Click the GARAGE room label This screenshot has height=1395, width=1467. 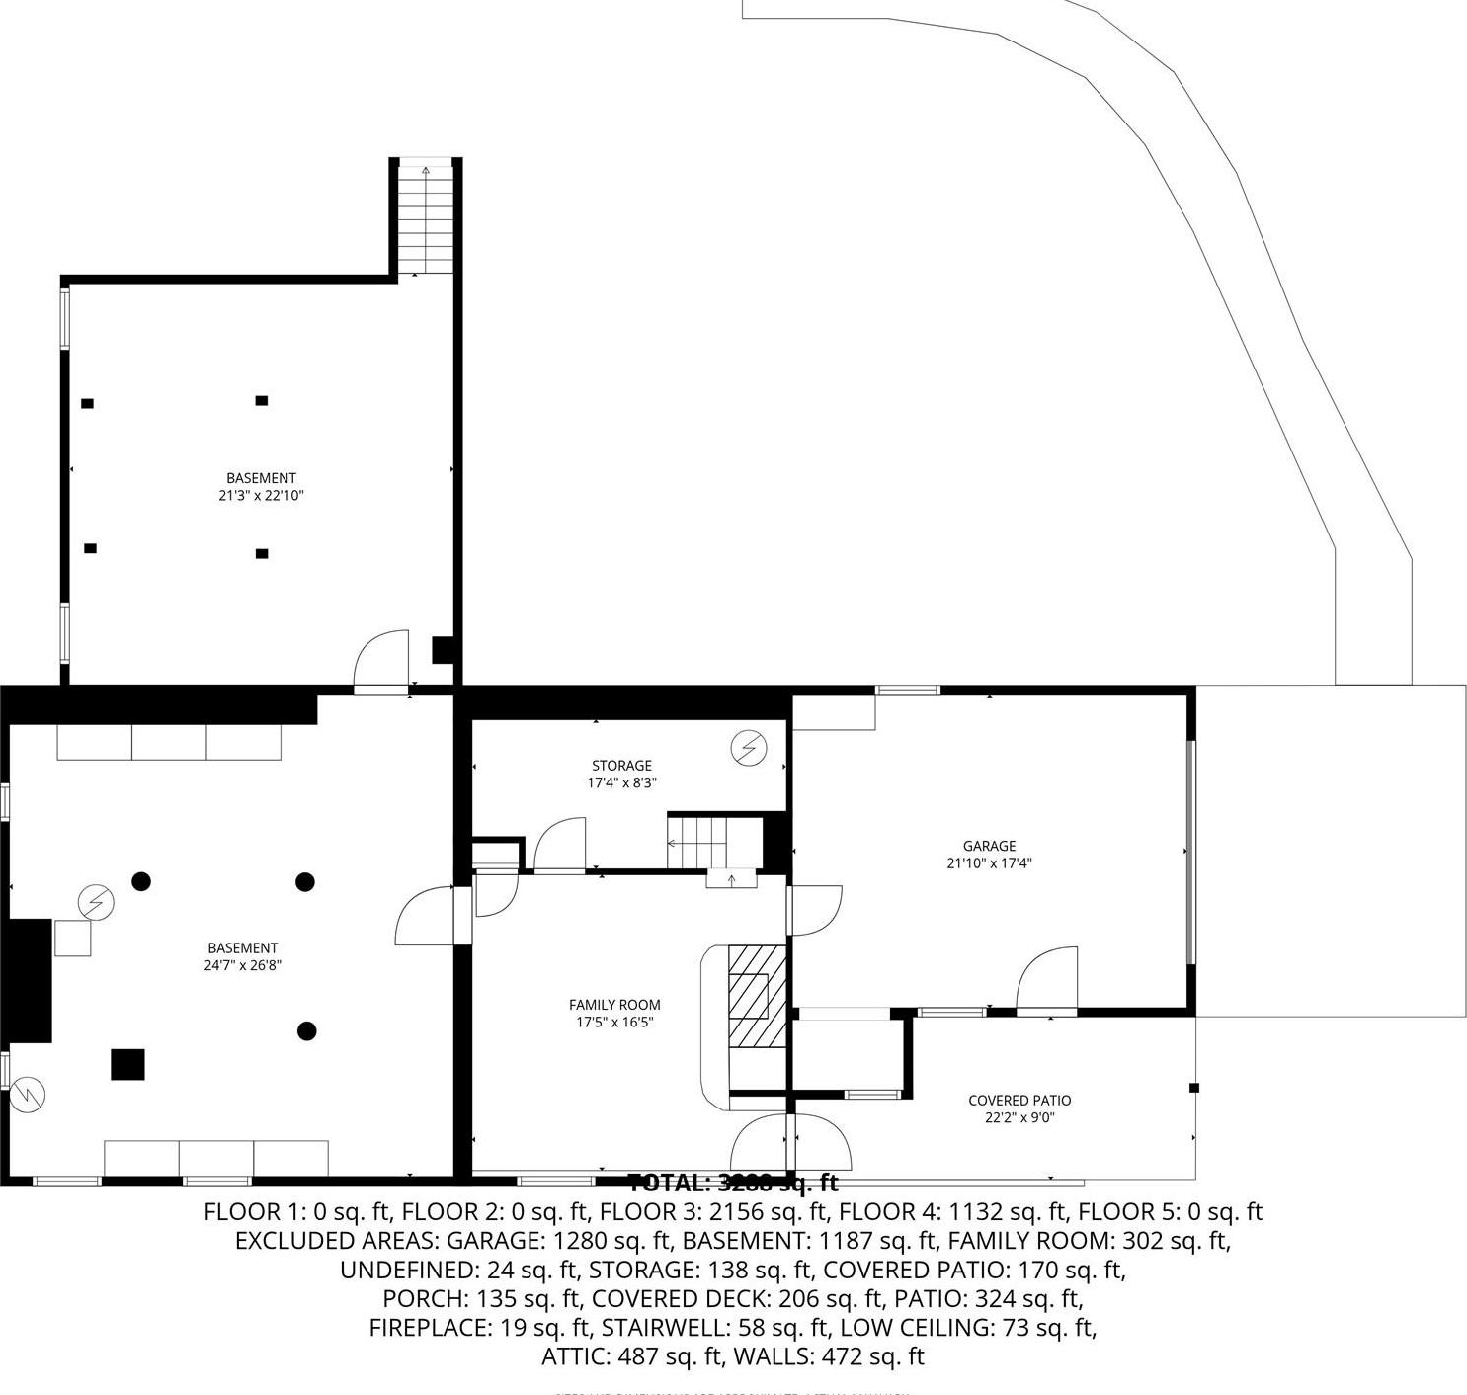pos(989,846)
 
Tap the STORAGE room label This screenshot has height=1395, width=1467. pos(621,766)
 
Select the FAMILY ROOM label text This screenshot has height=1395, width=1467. pos(614,1005)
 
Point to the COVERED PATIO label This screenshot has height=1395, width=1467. pos(1019,1101)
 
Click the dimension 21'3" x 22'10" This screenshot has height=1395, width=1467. pos(261,496)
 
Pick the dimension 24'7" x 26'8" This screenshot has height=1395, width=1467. pos(243,965)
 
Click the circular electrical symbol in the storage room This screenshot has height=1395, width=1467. pos(748,748)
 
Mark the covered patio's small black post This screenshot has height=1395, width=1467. pos(1193,1088)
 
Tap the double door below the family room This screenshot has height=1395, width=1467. pos(790,1143)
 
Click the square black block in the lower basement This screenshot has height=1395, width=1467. pos(127,1064)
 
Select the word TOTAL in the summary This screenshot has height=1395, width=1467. pos(669,1183)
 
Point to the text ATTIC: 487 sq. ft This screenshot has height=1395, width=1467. pos(631,1356)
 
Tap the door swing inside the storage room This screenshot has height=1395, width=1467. pos(560,846)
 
